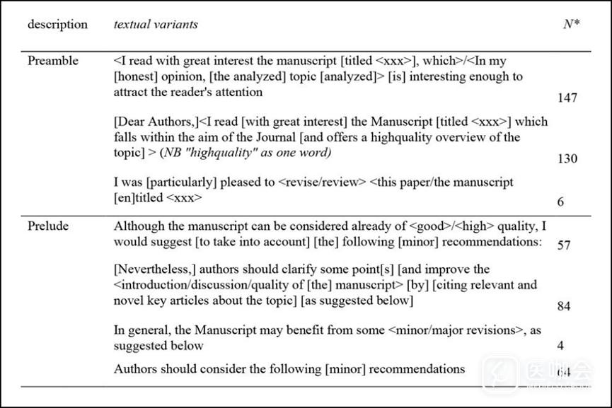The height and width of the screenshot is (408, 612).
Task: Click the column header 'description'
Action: click(57, 25)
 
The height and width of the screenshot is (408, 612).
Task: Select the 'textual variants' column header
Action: click(156, 25)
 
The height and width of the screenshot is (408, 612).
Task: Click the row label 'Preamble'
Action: click(53, 61)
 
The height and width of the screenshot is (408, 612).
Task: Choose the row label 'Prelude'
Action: click(49, 227)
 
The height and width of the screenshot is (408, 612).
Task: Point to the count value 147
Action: click(567, 98)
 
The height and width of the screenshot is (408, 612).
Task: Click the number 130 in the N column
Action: click(567, 158)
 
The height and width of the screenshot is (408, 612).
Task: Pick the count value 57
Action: click(563, 245)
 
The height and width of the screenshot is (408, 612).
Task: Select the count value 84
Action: click(563, 306)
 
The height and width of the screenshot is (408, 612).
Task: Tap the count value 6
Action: click(560, 202)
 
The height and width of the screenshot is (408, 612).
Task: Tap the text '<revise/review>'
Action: click(322, 182)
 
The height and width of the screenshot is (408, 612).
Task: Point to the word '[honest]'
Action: click(137, 76)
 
